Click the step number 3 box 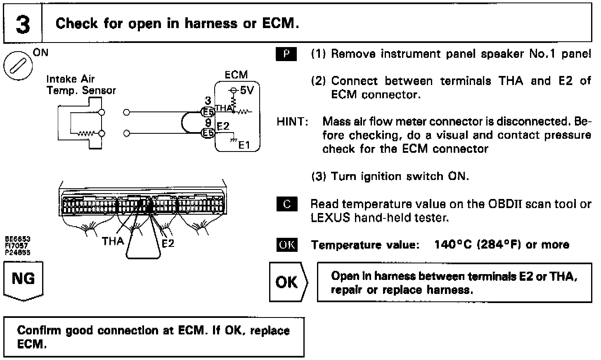23,24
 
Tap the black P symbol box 286,54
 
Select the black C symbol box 286,204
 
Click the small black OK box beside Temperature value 286,245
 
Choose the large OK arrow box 287,282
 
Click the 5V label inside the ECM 246,90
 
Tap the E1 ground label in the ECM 244,145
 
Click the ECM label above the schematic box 236,75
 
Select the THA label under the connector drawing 113,241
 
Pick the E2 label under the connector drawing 168,243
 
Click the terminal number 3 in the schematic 208,101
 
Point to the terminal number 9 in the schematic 208,123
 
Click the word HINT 292,122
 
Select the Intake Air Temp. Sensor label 81,85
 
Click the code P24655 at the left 17,253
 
